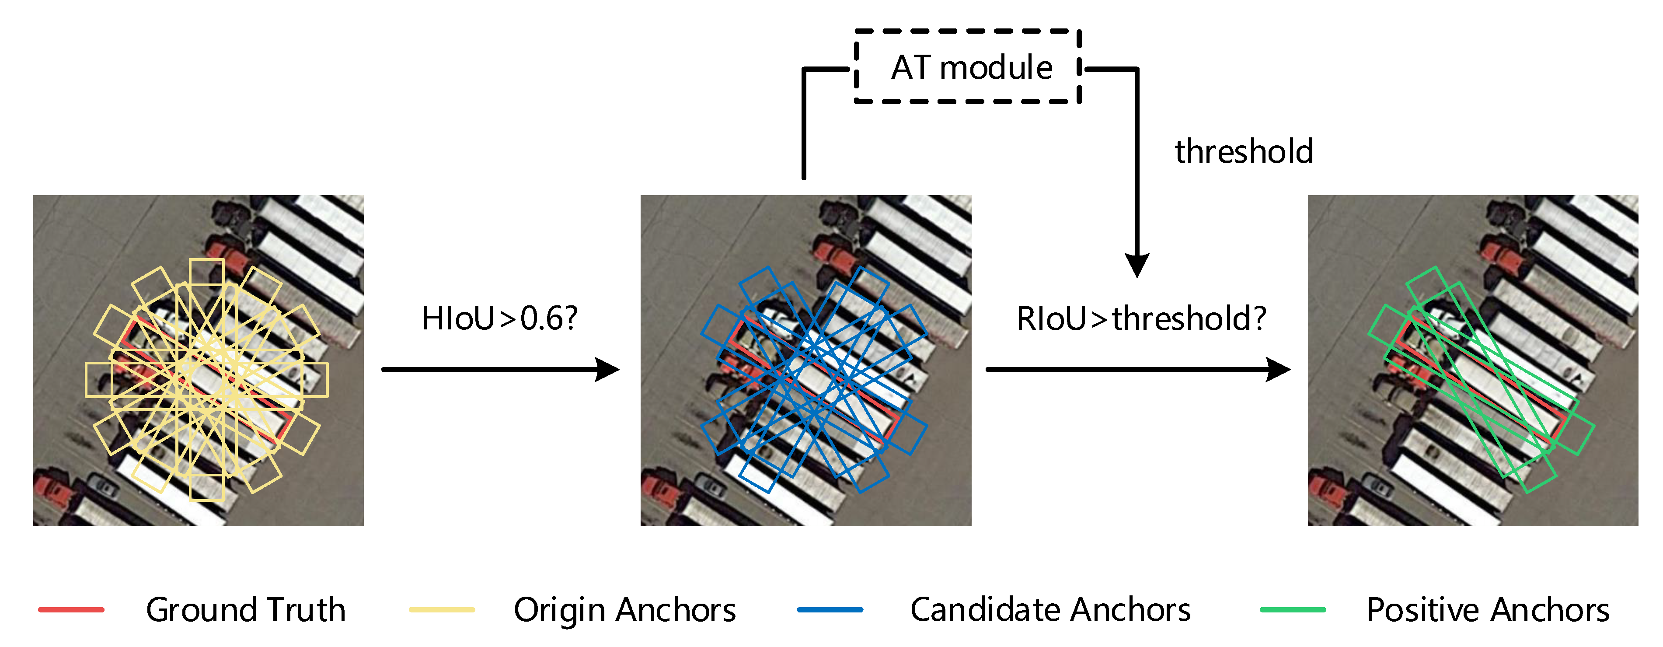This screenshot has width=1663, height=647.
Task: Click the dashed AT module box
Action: coord(967,66)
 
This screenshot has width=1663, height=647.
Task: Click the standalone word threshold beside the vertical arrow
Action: coord(1243,152)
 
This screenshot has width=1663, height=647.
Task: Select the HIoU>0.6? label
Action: coord(499,318)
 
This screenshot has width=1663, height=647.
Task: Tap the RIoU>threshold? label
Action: coord(1141,318)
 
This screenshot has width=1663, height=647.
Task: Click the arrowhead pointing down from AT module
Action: coord(1137,265)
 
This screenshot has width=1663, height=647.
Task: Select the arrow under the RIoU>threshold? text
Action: coord(1136,369)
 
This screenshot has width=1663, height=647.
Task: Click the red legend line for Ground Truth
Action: coord(71,609)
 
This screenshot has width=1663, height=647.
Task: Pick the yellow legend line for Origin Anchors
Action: coord(442,609)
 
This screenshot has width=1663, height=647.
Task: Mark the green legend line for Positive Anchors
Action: coord(1293,609)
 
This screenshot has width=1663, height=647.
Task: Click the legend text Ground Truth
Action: coord(245,609)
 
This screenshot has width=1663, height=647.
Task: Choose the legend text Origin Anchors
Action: coord(624,609)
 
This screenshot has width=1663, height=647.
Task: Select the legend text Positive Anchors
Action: coord(1487,609)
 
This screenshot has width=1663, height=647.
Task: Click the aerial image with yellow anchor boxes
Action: coord(198,360)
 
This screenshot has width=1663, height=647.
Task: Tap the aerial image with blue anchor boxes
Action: coord(805,360)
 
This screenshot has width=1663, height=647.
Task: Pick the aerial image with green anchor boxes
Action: coord(1472,360)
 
